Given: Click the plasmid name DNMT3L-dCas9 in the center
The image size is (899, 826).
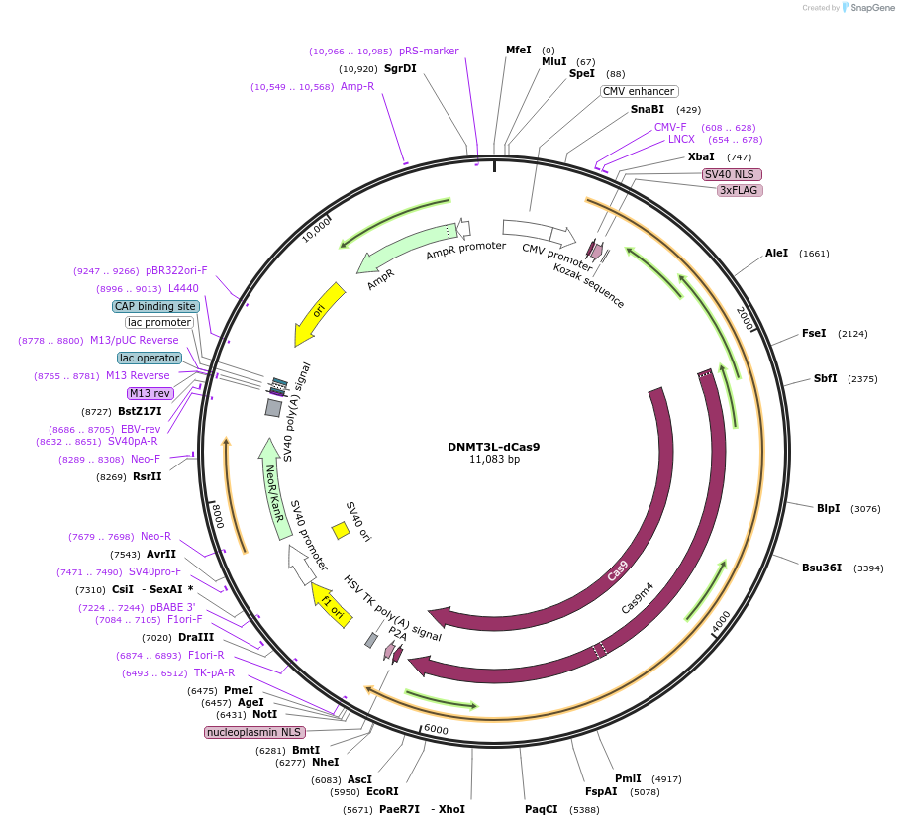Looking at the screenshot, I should (493, 446).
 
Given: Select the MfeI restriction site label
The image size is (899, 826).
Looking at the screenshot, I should (519, 50).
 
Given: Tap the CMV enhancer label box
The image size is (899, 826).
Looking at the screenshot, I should (639, 91).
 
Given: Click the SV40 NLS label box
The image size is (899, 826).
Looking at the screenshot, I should (729, 174).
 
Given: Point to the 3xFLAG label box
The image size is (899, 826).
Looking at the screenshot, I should (741, 190).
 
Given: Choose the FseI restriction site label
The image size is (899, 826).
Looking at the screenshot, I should (815, 334).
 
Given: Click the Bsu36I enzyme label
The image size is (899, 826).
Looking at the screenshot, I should (822, 568).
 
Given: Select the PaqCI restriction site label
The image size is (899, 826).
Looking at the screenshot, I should (542, 809).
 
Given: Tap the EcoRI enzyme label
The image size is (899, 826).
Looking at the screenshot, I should (382, 792).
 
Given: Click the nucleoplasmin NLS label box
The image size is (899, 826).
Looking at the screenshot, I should (254, 732).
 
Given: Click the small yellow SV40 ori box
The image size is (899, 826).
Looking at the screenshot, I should (341, 530).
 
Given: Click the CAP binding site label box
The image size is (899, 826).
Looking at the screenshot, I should (155, 307).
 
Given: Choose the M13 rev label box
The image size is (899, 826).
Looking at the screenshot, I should (150, 393).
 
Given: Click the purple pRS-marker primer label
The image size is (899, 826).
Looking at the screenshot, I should (429, 52).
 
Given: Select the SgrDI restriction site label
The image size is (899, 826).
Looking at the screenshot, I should (400, 69).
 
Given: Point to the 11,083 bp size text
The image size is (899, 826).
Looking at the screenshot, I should (494, 460).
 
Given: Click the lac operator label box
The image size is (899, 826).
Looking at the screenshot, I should (150, 358).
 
